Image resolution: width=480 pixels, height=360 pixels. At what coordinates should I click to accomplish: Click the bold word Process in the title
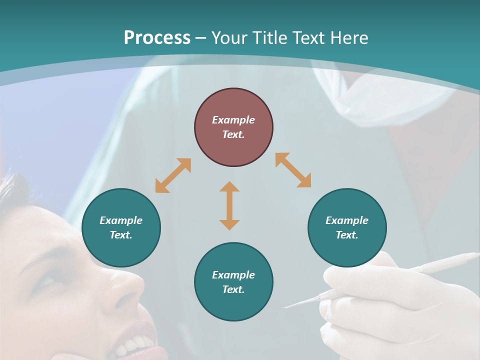point(157,37)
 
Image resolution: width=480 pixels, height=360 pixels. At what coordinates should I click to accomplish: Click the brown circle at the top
point(233,127)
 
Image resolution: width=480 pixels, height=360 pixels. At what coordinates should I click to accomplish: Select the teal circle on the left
point(121,227)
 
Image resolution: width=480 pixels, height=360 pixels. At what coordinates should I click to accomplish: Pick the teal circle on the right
point(347,227)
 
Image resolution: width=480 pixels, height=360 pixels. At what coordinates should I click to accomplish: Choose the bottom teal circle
point(233,282)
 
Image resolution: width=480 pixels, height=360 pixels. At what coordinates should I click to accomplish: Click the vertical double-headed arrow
point(229,205)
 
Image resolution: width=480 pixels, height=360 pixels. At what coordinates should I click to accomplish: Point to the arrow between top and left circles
point(173,175)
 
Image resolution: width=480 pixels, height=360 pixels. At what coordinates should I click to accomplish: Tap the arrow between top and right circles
point(293,170)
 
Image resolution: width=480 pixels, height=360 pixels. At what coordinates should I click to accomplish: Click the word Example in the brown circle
point(233,120)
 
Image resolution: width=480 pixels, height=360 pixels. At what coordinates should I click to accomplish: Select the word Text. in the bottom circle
point(233,289)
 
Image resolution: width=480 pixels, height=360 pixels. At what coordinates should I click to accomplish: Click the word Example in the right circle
point(347,220)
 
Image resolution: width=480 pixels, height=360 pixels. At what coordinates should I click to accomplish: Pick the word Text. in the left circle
point(121,235)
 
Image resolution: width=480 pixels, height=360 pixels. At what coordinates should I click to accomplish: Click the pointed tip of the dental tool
point(286,306)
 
